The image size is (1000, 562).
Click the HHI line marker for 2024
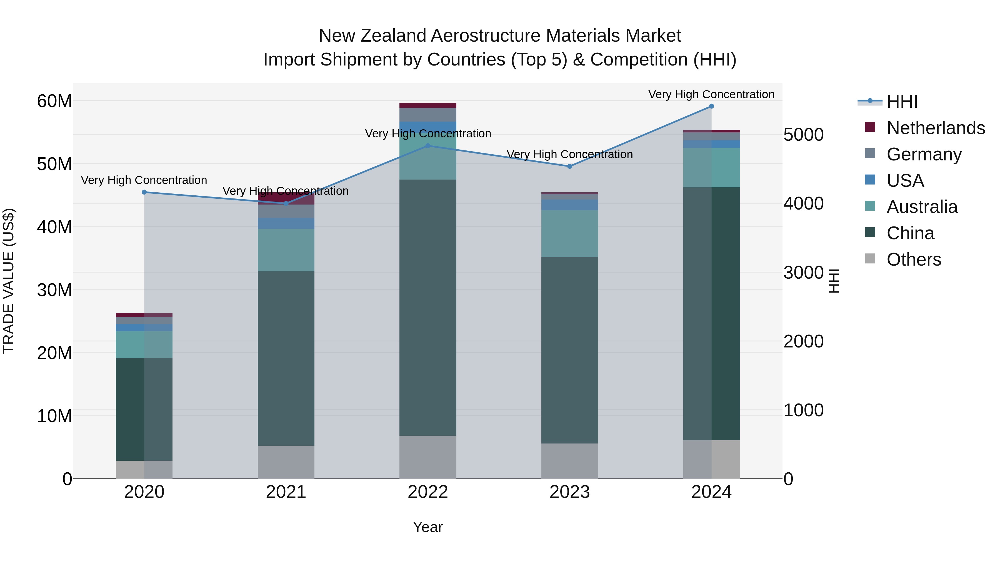coord(711,106)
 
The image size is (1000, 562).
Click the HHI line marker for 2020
coord(144,192)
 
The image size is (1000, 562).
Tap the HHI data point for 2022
coord(428,146)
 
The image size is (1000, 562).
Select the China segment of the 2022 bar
coord(428,307)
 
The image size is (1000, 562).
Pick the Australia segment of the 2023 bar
coord(569,233)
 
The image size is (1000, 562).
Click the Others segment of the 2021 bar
coord(286,462)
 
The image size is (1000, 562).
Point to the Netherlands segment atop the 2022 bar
coord(428,105)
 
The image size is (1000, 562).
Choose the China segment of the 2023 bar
coord(569,350)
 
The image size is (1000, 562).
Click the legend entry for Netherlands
coord(936,128)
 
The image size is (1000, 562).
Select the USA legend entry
coord(905,181)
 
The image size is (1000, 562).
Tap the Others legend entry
coord(914,259)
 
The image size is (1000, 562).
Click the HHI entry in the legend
coord(902,102)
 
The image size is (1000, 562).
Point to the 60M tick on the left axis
coord(54,101)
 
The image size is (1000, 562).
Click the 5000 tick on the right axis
coord(803,135)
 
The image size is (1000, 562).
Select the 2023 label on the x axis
coord(569,492)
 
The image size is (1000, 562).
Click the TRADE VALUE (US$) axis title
coord(9,281)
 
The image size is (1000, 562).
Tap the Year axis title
coord(428,527)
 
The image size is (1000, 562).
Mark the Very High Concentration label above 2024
coord(711,94)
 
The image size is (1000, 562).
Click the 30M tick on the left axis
coord(54,290)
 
